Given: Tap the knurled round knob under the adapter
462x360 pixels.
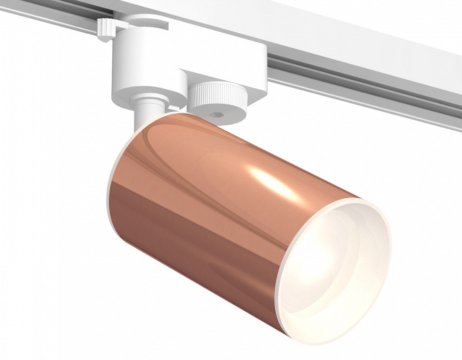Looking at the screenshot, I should pos(216,92).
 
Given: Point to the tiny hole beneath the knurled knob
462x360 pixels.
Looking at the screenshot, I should pos(217,115).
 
